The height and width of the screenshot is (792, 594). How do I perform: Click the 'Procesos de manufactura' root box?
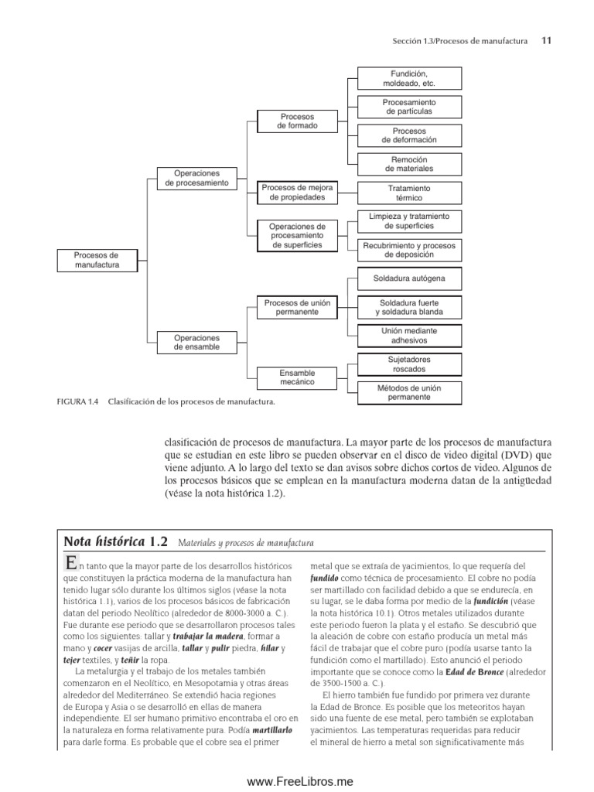click(x=97, y=260)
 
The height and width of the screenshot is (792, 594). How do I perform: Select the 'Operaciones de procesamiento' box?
click(x=197, y=178)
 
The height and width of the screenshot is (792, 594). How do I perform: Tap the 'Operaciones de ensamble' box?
click(x=197, y=343)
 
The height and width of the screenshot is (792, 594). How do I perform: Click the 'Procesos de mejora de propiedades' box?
click(x=297, y=193)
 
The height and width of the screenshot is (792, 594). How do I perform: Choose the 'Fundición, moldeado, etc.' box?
click(x=409, y=77)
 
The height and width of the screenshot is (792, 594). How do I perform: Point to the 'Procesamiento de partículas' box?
click(x=409, y=107)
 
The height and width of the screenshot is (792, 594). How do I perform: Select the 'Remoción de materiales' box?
click(x=409, y=163)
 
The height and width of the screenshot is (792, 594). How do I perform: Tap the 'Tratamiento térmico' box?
click(x=409, y=193)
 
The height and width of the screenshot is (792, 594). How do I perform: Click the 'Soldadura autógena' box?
click(x=409, y=278)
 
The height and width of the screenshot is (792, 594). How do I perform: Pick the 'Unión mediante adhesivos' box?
click(x=409, y=336)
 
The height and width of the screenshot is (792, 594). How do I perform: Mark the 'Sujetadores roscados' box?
click(x=409, y=364)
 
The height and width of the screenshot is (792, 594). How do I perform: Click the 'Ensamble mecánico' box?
click(x=297, y=377)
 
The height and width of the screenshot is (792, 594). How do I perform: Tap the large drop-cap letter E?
click(x=71, y=565)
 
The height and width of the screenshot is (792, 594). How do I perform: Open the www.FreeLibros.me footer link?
click(x=297, y=781)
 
